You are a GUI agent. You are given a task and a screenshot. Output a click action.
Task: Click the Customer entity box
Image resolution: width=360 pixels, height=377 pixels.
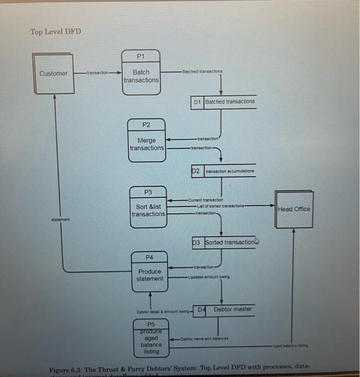[x=53, y=73]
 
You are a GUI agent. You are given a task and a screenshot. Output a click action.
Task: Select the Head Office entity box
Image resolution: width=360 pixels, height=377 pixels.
[x=294, y=209]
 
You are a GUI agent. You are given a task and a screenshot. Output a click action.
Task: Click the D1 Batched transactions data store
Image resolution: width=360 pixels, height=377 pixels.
[x=223, y=101]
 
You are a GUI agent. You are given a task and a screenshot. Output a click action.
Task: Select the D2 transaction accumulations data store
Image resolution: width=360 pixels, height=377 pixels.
[x=223, y=171]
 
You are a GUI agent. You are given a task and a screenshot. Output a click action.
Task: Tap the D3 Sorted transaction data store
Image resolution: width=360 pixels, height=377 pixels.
[x=223, y=242]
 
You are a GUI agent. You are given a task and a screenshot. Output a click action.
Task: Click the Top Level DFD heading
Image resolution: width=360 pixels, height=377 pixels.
[x=55, y=31]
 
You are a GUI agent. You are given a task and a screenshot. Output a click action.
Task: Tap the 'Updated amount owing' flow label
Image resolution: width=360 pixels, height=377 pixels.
[x=209, y=277]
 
